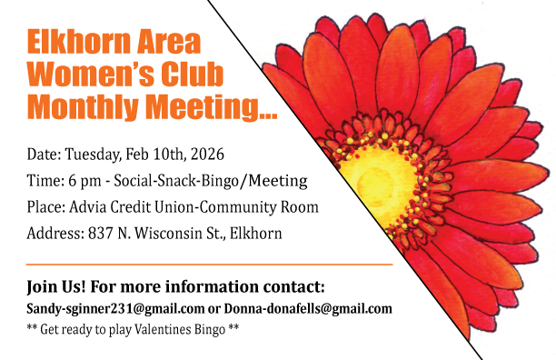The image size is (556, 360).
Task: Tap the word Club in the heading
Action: point(192,74)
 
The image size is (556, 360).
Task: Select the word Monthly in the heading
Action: point(83,106)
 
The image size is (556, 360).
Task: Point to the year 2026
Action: point(207,154)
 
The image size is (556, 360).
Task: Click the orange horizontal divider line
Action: point(210,265)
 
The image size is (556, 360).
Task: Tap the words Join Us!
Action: point(56,286)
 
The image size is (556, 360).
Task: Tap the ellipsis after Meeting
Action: point(268,115)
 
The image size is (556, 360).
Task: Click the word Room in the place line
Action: point(300,206)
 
